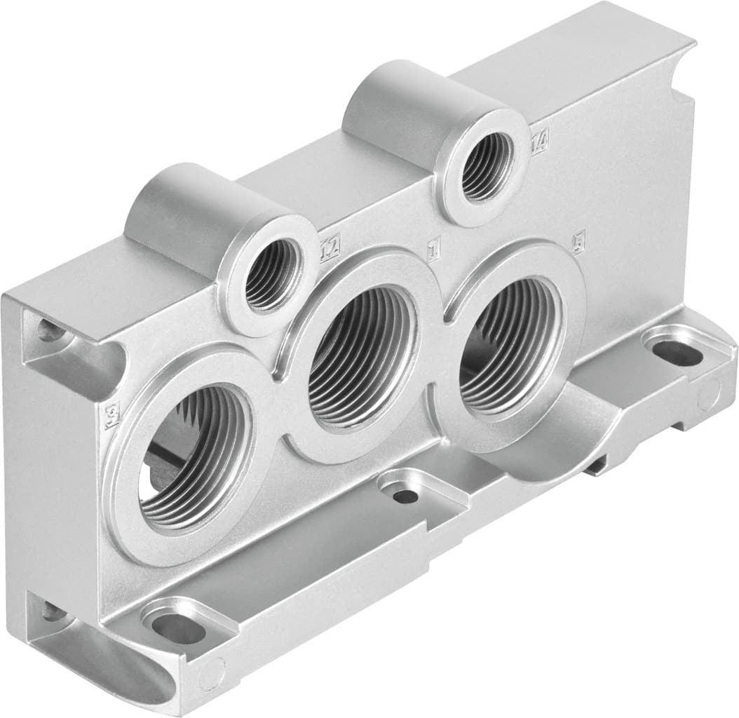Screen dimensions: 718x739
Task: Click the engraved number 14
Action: (539, 144)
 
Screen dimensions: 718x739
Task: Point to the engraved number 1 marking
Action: (433, 245)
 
